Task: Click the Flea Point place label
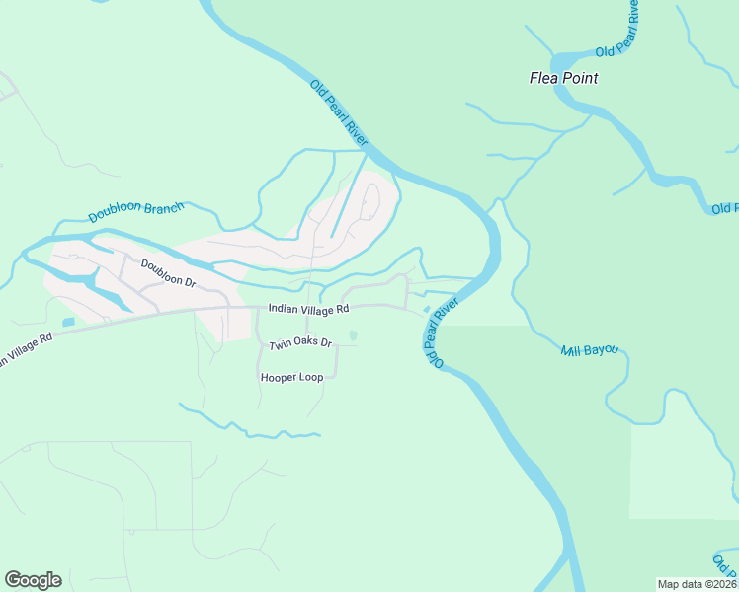point(564,78)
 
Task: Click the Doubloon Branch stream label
point(136,212)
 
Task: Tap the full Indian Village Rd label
point(309,309)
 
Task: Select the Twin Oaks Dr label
point(300,344)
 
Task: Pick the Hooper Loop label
point(291,378)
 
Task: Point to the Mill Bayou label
point(589,350)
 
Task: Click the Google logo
point(33,580)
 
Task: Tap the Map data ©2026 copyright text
point(696,583)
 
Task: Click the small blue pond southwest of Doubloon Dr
point(67,322)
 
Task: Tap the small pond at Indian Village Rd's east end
point(426,310)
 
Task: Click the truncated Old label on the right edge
point(724,208)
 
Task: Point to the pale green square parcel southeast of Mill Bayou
point(683,472)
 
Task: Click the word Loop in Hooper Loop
point(310,378)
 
